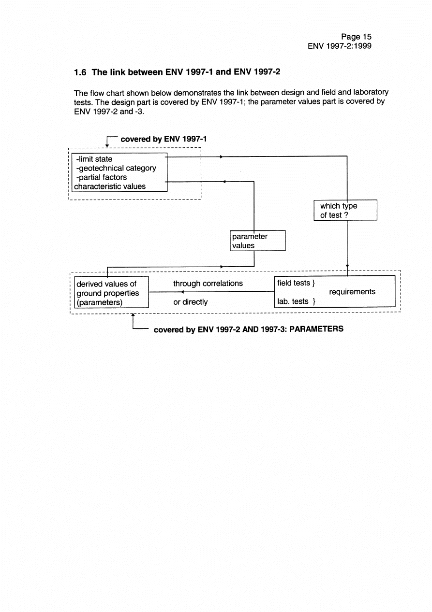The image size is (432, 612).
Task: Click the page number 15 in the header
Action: pos(366,37)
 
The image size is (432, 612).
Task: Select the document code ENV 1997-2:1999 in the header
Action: pos(340,46)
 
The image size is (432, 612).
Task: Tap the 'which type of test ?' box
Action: pos(345,210)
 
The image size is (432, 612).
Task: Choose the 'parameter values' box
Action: pos(257,241)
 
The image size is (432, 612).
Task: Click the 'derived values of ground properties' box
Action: pos(110,293)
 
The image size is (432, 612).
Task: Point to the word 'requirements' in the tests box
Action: pos(352,292)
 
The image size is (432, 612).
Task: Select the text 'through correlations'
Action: pos(208,284)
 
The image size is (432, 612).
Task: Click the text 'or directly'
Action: pos(190,302)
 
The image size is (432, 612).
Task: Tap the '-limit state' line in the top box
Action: pos(94,159)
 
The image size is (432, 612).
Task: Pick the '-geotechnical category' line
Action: pos(116,168)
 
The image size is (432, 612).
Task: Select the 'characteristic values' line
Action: pos(109,186)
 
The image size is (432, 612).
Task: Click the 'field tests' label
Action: pos(294,283)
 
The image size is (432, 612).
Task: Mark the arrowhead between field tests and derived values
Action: pos(181,292)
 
